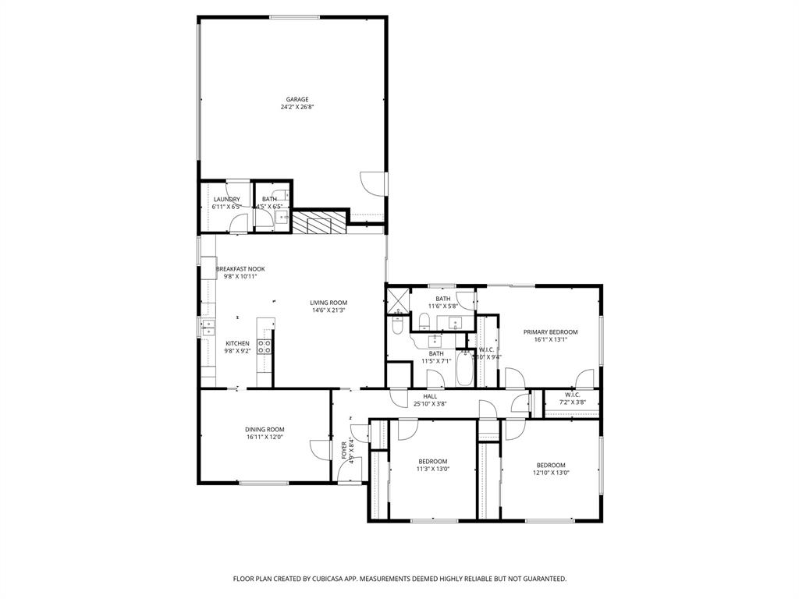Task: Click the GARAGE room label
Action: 297,100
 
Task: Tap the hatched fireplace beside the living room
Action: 318,223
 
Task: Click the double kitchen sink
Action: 208,327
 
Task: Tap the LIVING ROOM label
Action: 328,303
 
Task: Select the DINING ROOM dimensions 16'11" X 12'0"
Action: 265,438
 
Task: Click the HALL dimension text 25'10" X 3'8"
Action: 430,404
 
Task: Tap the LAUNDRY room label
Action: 226,199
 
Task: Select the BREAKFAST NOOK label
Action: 240,268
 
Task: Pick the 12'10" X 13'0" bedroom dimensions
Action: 551,473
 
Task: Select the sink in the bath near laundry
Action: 281,218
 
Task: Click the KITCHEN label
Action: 237,343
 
